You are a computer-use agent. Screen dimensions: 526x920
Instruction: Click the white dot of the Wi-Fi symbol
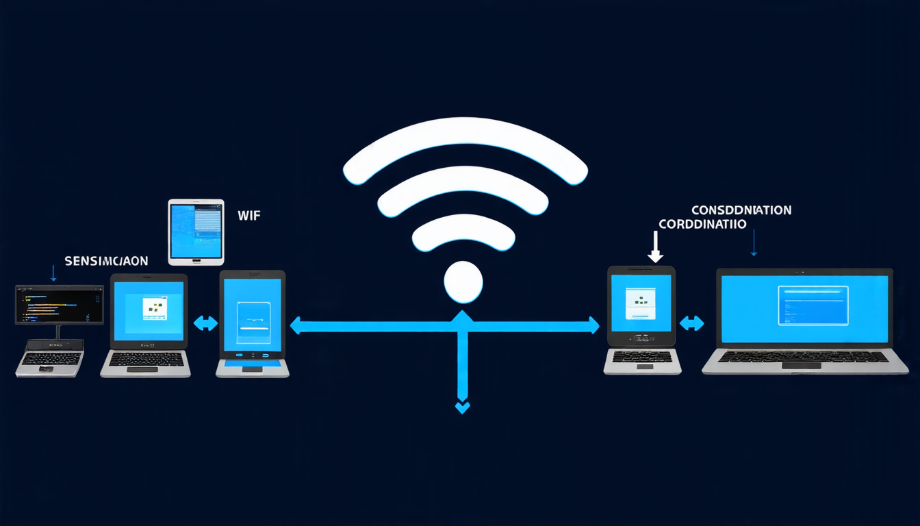click(463, 281)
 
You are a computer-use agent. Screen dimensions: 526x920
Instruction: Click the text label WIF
click(248, 216)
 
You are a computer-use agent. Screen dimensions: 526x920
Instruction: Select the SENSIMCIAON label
click(106, 261)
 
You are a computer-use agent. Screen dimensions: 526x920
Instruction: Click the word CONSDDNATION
click(741, 210)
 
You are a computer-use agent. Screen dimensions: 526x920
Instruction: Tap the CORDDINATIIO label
click(702, 224)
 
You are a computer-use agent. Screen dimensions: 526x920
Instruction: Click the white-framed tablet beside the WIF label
click(196, 232)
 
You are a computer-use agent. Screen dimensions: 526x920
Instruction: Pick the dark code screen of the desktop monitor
click(60, 305)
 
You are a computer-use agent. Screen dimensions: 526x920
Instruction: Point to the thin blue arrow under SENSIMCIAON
click(53, 273)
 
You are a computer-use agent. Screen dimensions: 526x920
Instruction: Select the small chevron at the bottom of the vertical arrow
click(463, 408)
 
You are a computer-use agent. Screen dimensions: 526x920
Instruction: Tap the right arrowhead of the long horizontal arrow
click(593, 325)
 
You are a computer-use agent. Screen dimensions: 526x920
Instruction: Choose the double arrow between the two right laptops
click(691, 323)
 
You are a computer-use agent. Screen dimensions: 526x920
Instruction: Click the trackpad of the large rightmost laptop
click(801, 366)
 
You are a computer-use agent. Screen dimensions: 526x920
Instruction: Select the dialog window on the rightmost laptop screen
click(813, 305)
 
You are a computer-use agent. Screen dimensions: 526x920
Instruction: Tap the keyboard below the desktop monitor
click(51, 359)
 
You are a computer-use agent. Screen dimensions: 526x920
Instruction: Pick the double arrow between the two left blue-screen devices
click(205, 323)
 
